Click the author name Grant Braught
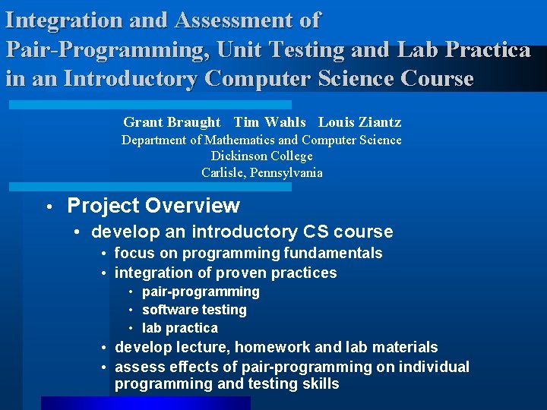click(172, 122)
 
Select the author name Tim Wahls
click(270, 122)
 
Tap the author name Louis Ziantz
click(359, 122)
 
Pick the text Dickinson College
click(262, 156)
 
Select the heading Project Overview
click(153, 206)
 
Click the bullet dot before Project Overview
click(47, 207)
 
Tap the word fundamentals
click(332, 254)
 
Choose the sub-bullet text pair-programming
click(201, 292)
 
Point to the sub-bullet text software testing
click(194, 310)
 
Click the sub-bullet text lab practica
click(180, 328)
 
